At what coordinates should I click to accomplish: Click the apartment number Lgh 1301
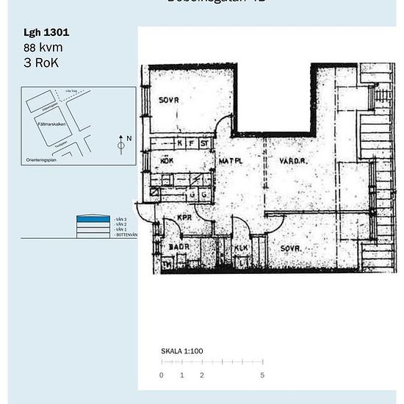click(x=47, y=33)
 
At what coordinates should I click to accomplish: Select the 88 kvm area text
click(x=43, y=48)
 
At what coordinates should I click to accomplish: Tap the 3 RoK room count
click(x=41, y=62)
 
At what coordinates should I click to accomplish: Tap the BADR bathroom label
click(x=179, y=247)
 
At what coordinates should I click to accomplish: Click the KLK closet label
click(x=242, y=248)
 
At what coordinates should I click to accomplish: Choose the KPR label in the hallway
click(x=184, y=218)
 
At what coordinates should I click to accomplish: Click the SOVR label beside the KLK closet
click(x=291, y=248)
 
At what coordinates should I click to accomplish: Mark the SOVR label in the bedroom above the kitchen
click(x=169, y=100)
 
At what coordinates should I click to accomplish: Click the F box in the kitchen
click(x=191, y=143)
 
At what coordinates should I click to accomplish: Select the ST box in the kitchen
click(x=204, y=143)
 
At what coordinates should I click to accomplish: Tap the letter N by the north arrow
click(x=129, y=138)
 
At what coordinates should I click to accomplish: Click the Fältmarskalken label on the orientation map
click(x=52, y=124)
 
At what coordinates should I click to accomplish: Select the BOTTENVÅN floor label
click(x=126, y=235)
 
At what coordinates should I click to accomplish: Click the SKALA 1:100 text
click(x=181, y=351)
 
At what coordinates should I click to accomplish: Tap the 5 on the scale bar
click(x=261, y=375)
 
